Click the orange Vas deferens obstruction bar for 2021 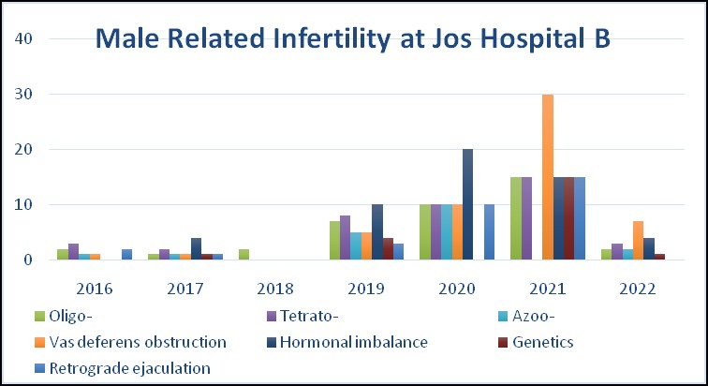547,177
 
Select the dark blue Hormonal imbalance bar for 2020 467,204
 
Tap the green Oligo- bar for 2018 244,255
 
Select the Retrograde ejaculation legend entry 131,368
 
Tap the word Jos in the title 476,39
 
